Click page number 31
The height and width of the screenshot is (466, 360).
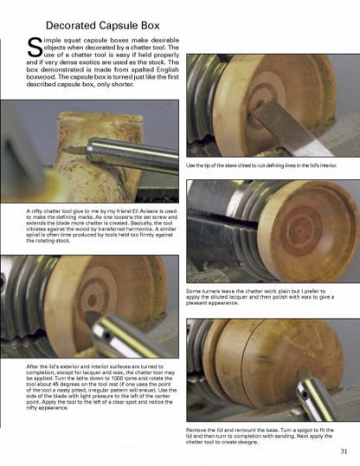344,450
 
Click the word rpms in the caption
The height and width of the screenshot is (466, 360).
121,380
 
